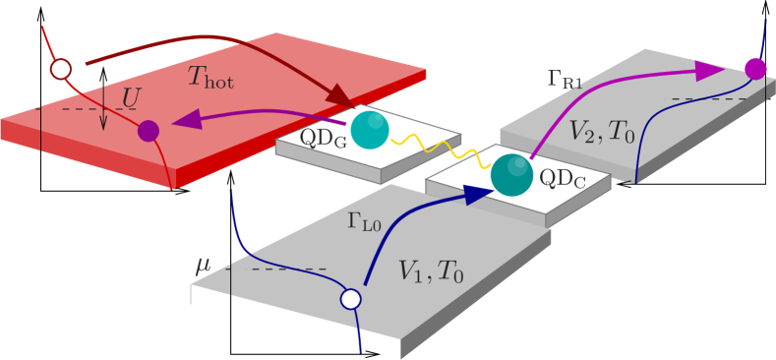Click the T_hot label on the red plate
210,78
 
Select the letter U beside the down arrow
129,97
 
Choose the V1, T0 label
430,271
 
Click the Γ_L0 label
364,221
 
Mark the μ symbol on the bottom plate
203,264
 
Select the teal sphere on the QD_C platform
511,175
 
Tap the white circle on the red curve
61,69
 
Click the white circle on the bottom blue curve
350,299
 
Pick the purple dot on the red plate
149,131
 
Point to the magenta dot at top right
754,69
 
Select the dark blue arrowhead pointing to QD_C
478,195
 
